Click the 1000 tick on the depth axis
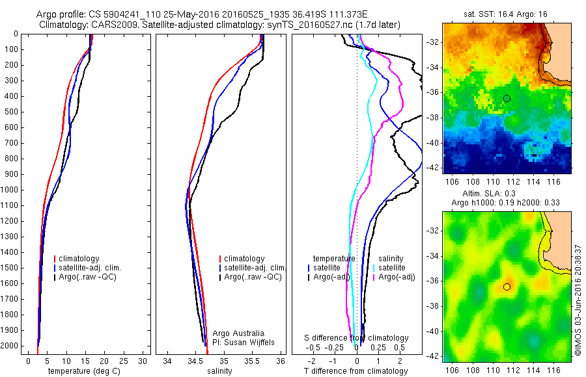coord(12,190)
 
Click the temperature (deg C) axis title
coord(85,371)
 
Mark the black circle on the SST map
coord(507,98)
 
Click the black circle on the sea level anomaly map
coord(507,287)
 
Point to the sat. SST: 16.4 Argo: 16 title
coord(507,14)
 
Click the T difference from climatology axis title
coord(357,371)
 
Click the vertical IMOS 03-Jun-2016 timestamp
coord(578,296)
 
